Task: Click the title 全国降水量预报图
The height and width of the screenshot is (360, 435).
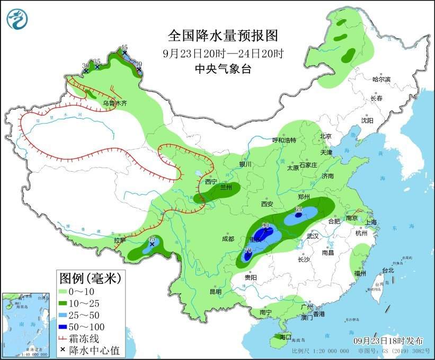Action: click(x=223, y=36)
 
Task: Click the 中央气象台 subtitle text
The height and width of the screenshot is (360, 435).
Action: click(x=223, y=68)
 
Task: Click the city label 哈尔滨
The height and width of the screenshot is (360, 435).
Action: click(x=381, y=80)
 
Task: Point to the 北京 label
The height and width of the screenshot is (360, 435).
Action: click(x=325, y=136)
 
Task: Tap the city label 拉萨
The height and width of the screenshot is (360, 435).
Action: click(x=120, y=240)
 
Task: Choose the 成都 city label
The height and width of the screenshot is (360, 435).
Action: click(x=228, y=239)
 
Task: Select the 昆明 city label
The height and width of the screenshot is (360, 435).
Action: click(x=215, y=292)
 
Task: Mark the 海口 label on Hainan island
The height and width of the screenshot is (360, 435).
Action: click(x=285, y=337)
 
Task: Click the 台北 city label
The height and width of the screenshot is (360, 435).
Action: click(x=388, y=270)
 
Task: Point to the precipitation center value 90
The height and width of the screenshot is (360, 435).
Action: click(x=266, y=226)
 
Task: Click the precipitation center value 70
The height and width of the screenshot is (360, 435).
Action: click(x=247, y=250)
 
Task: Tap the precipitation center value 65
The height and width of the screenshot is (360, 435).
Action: click(x=298, y=209)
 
